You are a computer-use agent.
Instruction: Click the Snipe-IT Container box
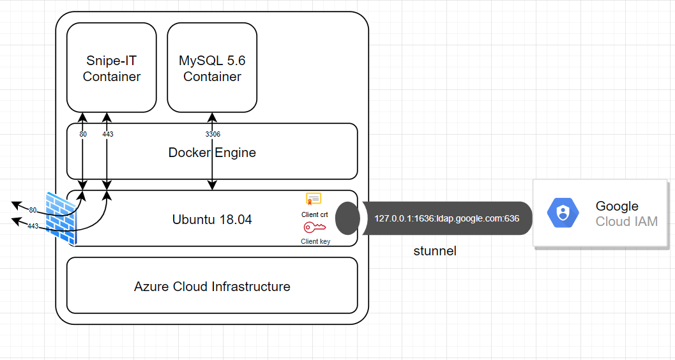coord(112,68)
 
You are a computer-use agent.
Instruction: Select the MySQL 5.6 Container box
coord(212,68)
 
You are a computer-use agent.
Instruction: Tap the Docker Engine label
coord(212,153)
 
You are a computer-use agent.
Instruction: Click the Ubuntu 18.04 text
coord(212,220)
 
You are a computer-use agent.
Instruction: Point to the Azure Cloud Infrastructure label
coord(212,287)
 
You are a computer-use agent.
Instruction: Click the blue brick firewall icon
coord(61,217)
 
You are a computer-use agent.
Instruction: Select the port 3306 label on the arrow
coord(212,135)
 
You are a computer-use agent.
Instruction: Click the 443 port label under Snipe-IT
coord(107,135)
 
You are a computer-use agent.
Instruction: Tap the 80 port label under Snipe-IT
coord(83,135)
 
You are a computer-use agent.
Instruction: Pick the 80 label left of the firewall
coord(33,210)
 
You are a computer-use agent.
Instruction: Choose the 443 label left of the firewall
coord(33,226)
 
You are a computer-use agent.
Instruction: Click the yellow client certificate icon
coord(314,199)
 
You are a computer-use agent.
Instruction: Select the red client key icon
coord(314,228)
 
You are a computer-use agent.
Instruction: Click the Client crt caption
coord(315,214)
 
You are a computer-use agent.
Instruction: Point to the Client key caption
coord(315,241)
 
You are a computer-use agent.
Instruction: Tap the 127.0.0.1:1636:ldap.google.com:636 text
coord(446,218)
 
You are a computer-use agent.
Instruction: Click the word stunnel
coord(435,251)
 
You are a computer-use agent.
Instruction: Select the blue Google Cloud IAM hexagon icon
coord(563,213)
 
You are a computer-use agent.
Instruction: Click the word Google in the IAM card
coord(616,206)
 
